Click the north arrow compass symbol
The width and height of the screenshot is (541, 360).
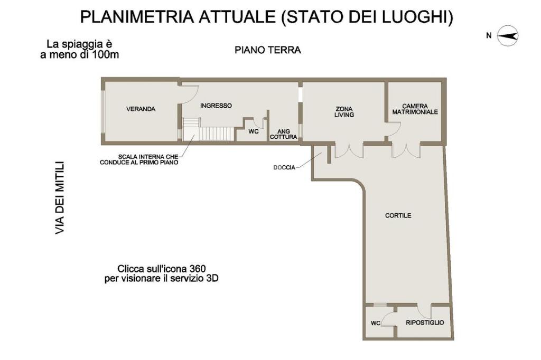pyautogui.click(x=508, y=35)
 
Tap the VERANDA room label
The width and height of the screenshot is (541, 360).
pyautogui.click(x=141, y=109)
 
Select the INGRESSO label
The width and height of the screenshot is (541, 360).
pyautogui.click(x=216, y=106)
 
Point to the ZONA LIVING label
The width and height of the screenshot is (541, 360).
pyautogui.click(x=344, y=112)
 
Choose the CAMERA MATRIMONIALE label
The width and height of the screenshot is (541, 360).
pyautogui.click(x=415, y=109)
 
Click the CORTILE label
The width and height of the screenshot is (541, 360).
pyautogui.click(x=398, y=215)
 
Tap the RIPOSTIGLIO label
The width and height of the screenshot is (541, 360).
pyautogui.click(x=425, y=323)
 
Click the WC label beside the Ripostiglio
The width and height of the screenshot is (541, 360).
pyautogui.click(x=376, y=323)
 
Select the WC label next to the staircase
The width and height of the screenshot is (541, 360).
pyautogui.click(x=254, y=131)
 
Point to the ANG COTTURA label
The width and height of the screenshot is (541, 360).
pyautogui.click(x=284, y=134)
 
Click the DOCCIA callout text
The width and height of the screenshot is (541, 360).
pyautogui.click(x=284, y=167)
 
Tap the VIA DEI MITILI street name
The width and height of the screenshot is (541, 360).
pyautogui.click(x=60, y=198)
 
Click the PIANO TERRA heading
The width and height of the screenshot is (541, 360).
pyautogui.click(x=268, y=50)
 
